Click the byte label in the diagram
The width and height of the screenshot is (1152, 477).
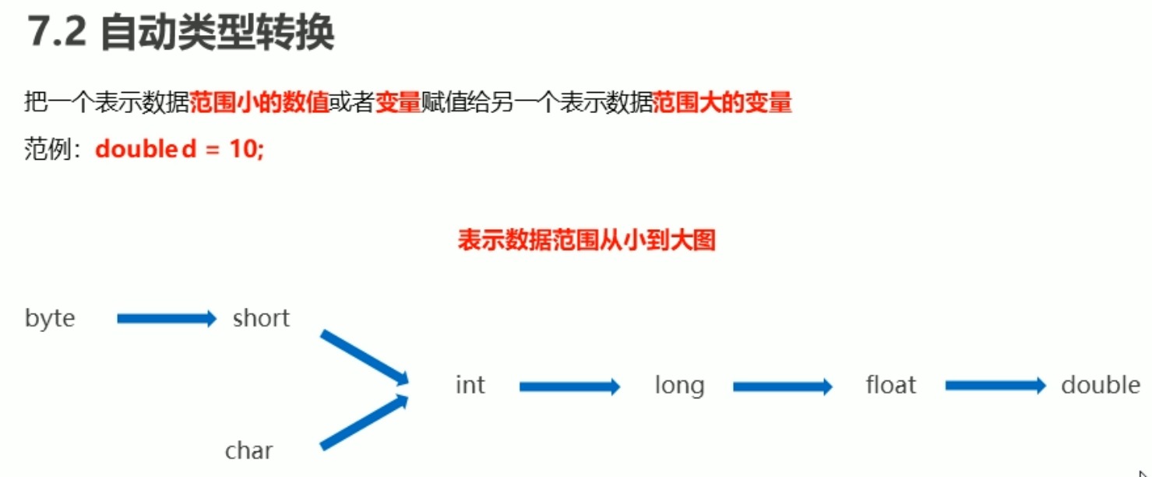click(x=50, y=319)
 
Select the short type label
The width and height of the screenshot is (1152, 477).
click(x=261, y=318)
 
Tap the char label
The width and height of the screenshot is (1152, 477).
click(x=249, y=450)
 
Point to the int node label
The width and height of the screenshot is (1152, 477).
click(x=470, y=385)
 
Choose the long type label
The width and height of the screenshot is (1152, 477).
click(x=679, y=385)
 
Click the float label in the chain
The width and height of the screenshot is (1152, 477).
click(x=891, y=385)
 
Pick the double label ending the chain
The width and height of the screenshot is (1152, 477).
click(x=1101, y=385)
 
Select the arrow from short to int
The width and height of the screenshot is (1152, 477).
click(x=365, y=357)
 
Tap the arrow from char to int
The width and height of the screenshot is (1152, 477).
click(x=365, y=422)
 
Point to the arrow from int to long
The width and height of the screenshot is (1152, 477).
click(x=569, y=386)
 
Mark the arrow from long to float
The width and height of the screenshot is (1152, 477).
click(x=783, y=386)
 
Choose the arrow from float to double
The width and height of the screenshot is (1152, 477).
click(x=995, y=386)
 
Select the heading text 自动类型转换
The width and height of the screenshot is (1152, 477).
click(x=218, y=34)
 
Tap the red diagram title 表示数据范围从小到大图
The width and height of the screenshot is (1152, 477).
click(x=587, y=240)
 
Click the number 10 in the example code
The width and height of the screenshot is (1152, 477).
click(x=240, y=149)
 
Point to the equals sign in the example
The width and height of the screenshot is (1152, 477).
click(x=209, y=149)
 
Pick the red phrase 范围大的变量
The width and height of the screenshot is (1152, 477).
click(x=722, y=102)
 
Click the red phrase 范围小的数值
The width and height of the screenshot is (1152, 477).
click(x=259, y=102)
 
